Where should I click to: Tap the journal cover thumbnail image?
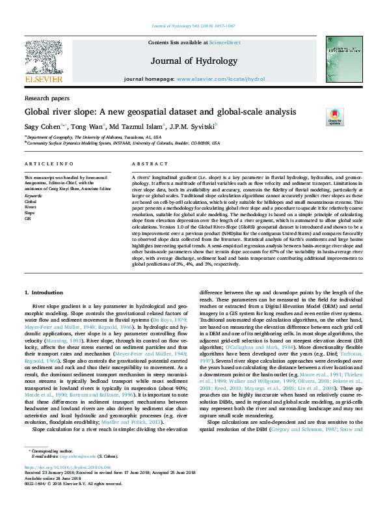click(x=343, y=59)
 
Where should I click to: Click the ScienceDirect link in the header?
click(x=224, y=42)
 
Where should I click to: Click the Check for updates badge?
click(x=335, y=117)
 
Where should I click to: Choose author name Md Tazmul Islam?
click(x=137, y=126)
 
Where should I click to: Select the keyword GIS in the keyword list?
click(x=27, y=219)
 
